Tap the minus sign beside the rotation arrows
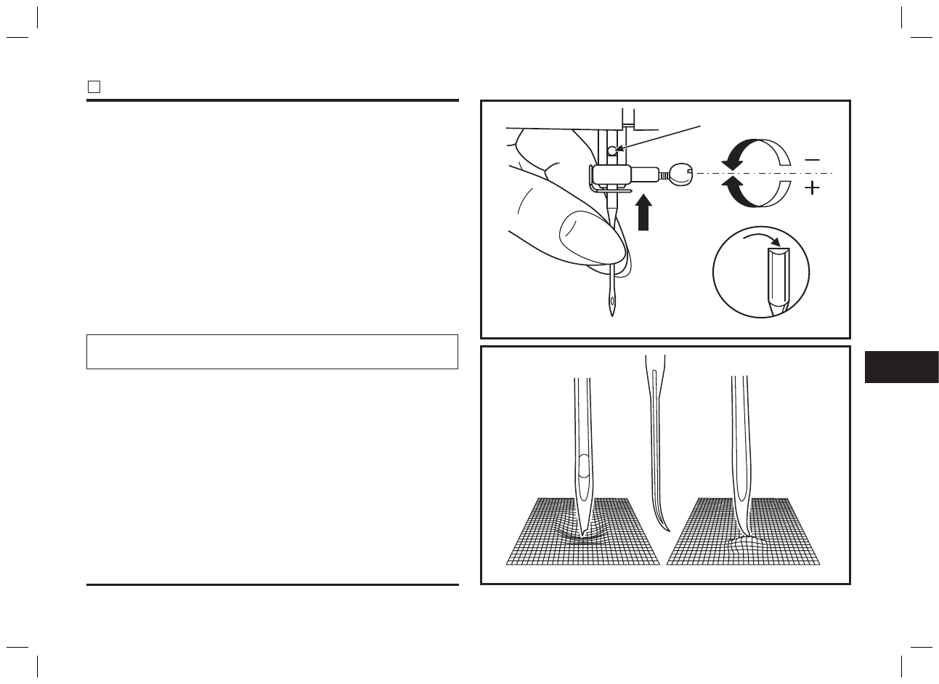tap(812, 159)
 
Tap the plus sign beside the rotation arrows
tap(812, 189)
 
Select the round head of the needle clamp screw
tap(680, 174)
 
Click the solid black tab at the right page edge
tap(901, 367)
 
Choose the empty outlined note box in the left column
tap(272, 352)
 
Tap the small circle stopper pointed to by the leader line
tap(613, 150)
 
